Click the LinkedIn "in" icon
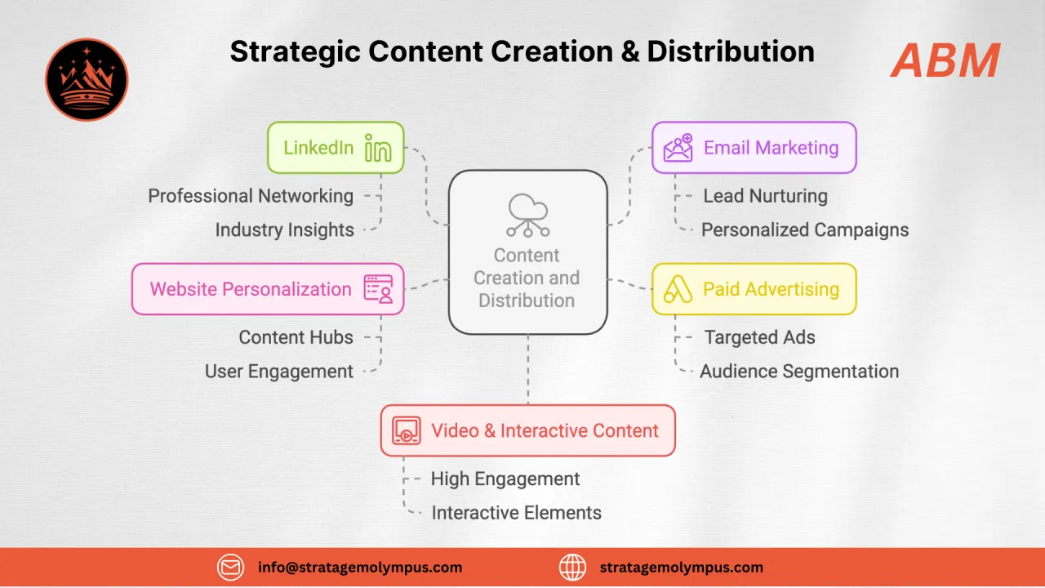click(378, 148)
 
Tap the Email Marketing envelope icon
click(678, 148)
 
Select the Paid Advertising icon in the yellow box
click(678, 289)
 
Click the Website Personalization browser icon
click(378, 289)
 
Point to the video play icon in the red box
click(406, 430)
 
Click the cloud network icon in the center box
click(527, 215)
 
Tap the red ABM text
click(945, 60)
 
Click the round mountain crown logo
click(87, 79)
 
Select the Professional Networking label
click(251, 196)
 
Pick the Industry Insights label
click(284, 230)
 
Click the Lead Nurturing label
click(765, 196)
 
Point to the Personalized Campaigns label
click(804, 230)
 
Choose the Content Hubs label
click(296, 337)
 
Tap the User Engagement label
click(278, 372)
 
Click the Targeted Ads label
click(759, 337)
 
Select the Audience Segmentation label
click(798, 372)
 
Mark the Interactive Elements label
click(516, 513)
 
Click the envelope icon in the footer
click(231, 567)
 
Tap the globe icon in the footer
click(573, 567)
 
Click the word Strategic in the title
click(295, 51)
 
